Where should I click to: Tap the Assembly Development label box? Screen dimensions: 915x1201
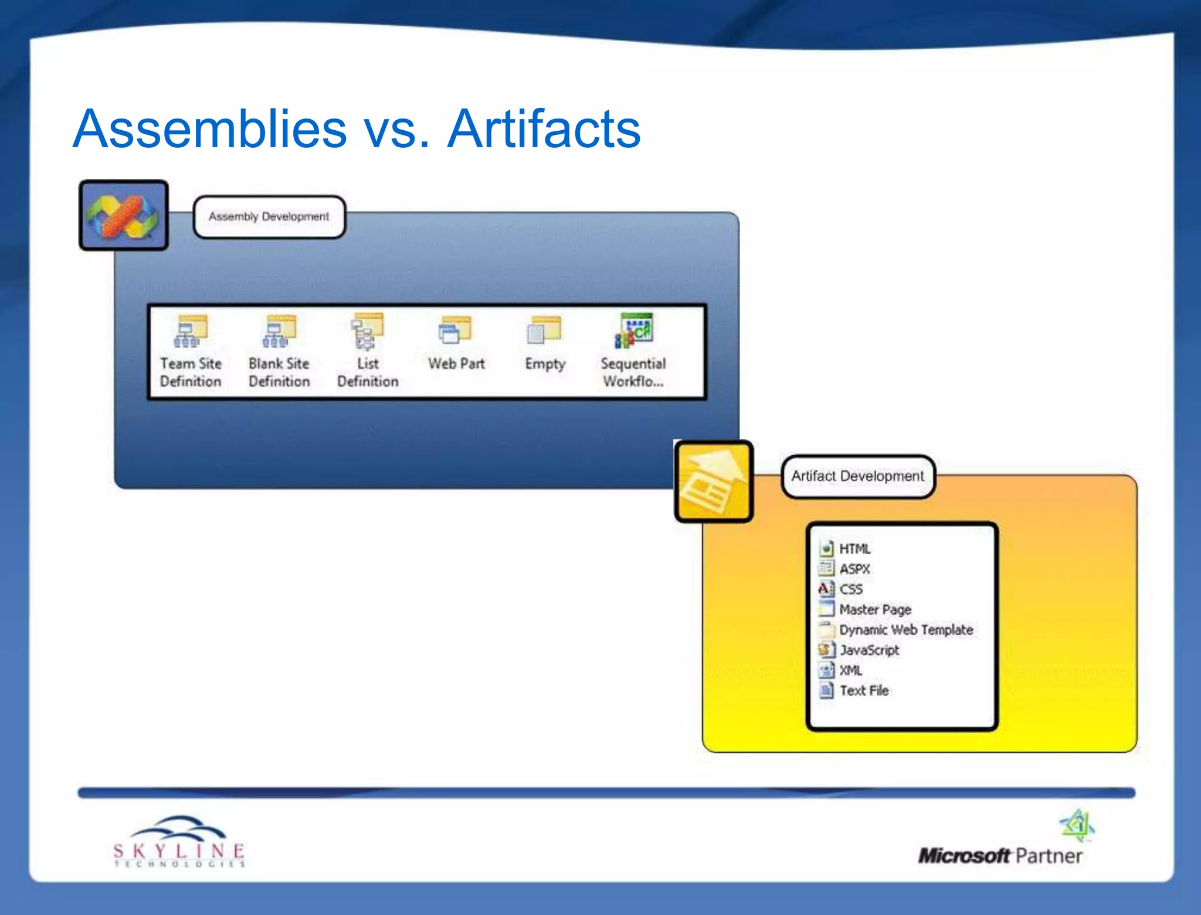coord(269,217)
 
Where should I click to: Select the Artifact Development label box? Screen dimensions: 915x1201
coord(857,476)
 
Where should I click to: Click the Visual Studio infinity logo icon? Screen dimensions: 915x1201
coord(124,216)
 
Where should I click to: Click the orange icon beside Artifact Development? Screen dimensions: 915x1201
coord(714,482)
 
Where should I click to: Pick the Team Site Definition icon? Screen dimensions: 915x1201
coord(191,331)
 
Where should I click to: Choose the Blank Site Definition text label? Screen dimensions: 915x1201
coord(279,372)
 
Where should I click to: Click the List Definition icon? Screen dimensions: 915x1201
coord(368,331)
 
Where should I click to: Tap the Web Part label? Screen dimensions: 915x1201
coord(456,364)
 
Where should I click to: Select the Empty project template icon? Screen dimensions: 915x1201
coord(544,331)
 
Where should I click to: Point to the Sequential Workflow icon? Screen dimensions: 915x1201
coord(633,331)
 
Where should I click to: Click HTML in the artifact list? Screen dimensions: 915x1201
coord(854,549)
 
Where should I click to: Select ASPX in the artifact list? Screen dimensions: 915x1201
coord(854,569)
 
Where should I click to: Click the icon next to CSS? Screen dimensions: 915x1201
coord(826,589)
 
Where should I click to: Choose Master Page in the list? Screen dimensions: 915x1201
coord(875,609)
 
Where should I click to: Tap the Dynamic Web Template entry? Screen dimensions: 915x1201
coord(905,630)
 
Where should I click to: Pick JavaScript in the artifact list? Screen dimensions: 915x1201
coord(869,650)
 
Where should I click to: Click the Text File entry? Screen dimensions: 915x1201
coord(864,690)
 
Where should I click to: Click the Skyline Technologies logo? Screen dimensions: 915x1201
coord(179,842)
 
